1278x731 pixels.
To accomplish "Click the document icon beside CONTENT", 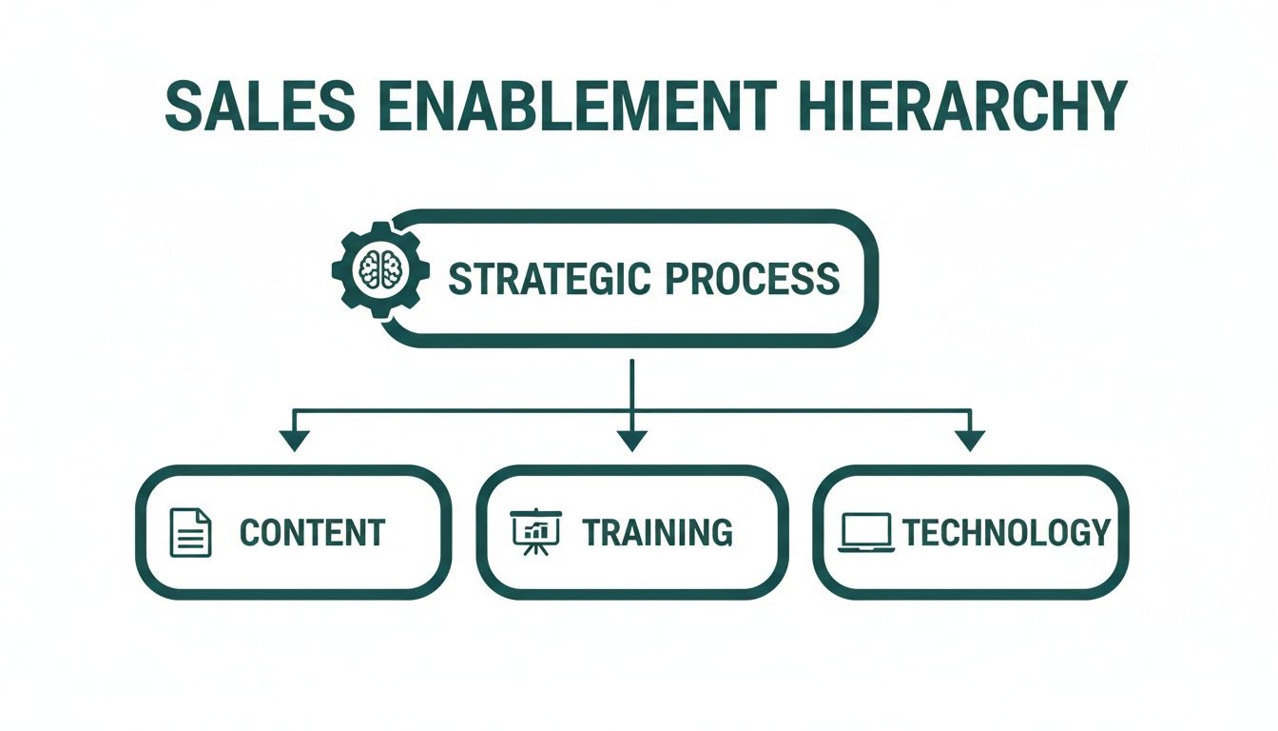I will pos(190,532).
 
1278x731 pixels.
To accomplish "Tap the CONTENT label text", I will pos(312,533).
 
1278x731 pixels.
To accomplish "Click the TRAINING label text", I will pos(657,533).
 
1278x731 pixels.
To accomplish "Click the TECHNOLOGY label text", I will pos(1006,533).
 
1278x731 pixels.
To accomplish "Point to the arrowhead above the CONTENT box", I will pos(295,440).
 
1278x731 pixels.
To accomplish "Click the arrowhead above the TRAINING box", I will pos(632,440).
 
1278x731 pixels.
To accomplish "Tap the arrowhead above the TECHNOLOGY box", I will pos(970,440).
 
